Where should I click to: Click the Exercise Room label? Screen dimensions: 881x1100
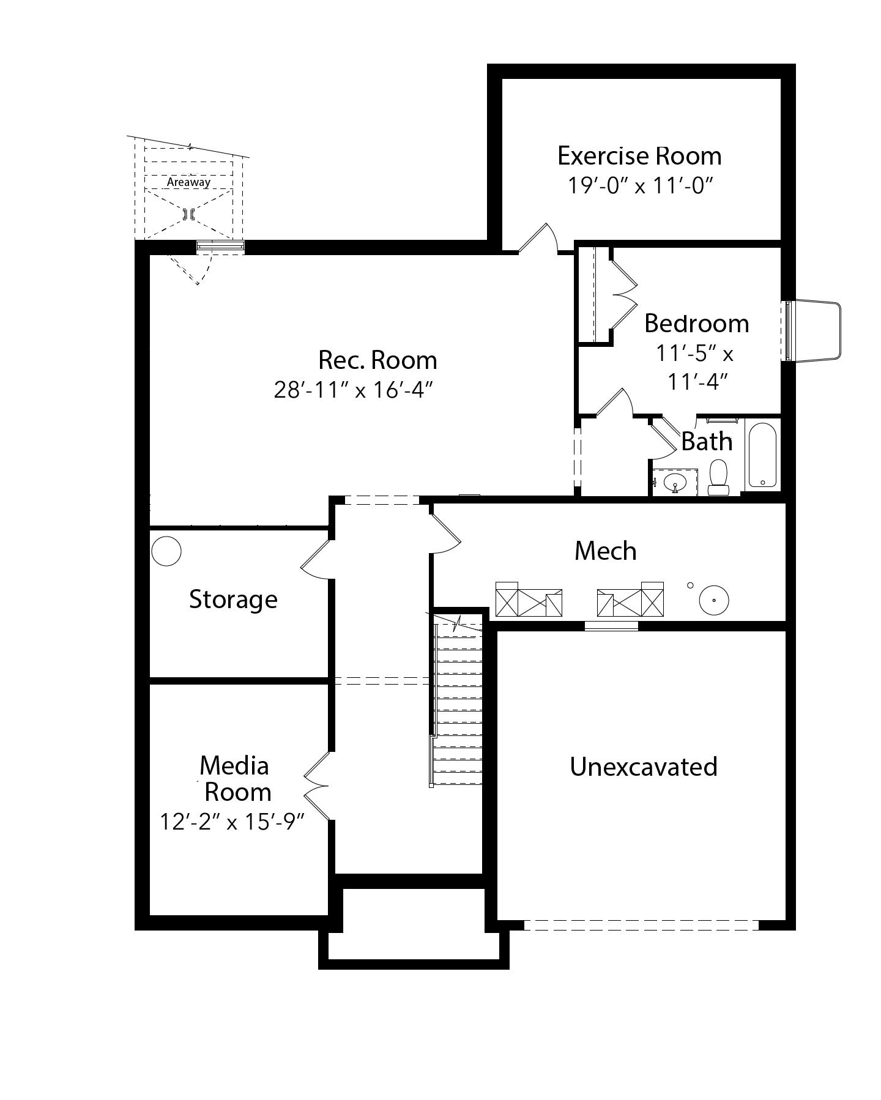(x=639, y=156)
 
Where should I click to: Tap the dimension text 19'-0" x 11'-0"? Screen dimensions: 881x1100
(x=641, y=185)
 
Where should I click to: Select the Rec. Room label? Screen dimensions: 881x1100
(x=377, y=360)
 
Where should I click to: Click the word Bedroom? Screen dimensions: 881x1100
(x=697, y=323)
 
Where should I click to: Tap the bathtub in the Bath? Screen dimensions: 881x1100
(x=762, y=455)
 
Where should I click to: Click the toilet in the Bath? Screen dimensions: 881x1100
(x=718, y=478)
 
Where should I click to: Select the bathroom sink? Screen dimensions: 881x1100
(x=675, y=481)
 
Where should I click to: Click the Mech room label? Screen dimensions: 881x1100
(x=606, y=551)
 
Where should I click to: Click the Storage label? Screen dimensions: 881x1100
(x=233, y=600)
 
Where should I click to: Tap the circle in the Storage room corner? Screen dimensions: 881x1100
(x=166, y=551)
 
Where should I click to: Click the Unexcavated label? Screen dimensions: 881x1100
(x=644, y=767)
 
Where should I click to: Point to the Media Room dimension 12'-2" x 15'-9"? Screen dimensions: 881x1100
(x=232, y=821)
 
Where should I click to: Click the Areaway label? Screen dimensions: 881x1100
(x=188, y=182)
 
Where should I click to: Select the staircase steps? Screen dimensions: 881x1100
(x=458, y=703)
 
